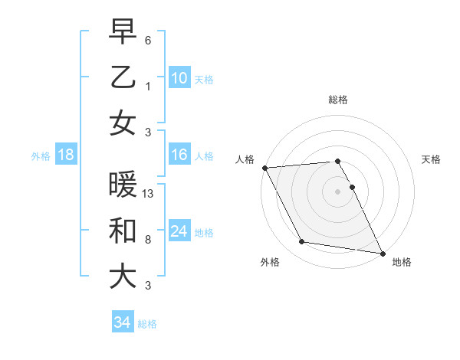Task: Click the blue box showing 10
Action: click(179, 77)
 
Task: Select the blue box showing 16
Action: click(179, 155)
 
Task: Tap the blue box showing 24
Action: click(179, 231)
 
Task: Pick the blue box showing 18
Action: click(65, 155)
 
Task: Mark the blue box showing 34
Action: click(122, 322)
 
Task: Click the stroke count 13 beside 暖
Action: click(148, 194)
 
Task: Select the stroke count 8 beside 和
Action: click(148, 240)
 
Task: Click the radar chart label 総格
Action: click(337, 100)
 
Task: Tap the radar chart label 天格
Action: click(431, 159)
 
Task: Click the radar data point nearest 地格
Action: click(382, 253)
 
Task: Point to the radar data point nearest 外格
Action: click(302, 242)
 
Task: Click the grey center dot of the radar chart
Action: click(337, 191)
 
